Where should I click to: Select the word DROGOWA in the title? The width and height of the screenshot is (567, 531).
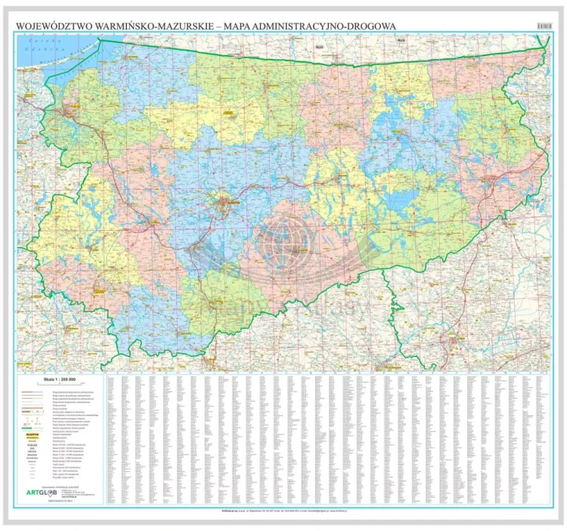(367, 26)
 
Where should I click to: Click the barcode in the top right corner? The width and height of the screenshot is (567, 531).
(544, 26)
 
